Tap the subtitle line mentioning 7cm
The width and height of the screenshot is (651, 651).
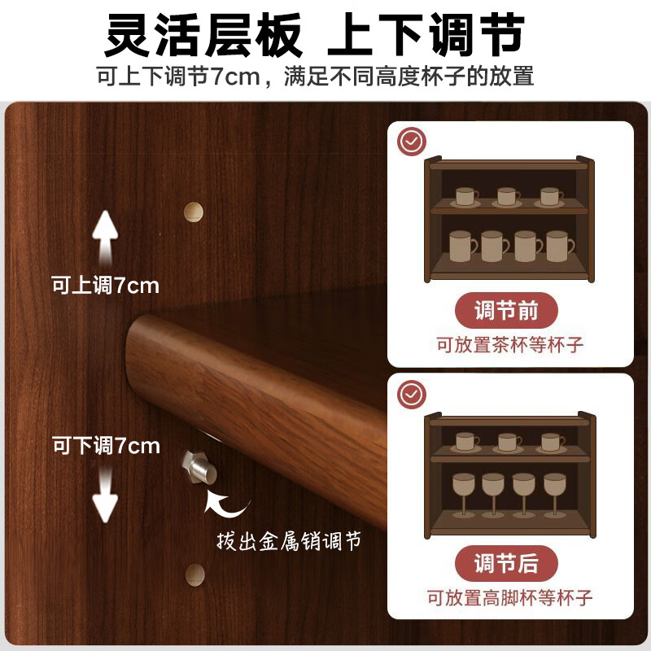(x=315, y=77)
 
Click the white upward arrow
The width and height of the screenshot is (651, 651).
(x=105, y=235)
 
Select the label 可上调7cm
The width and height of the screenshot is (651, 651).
(x=105, y=286)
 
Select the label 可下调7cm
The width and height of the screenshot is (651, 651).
(x=106, y=446)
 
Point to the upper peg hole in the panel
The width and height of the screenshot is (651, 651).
(x=194, y=211)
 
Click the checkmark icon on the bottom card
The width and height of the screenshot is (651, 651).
(x=412, y=395)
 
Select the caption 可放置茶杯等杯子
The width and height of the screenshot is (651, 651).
(x=509, y=345)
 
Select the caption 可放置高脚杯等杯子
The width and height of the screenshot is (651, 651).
(x=509, y=598)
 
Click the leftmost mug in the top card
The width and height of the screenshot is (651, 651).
(x=461, y=246)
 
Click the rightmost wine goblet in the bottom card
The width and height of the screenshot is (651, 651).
(x=554, y=492)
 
